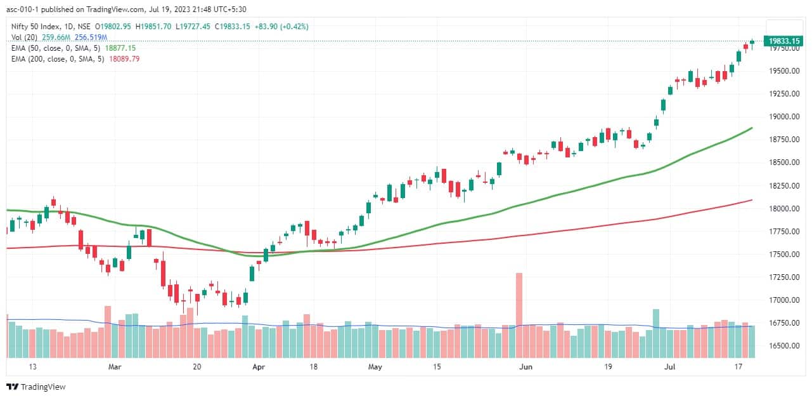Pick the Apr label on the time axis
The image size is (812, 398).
pyautogui.click(x=258, y=367)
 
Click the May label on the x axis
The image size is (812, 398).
pyautogui.click(x=375, y=367)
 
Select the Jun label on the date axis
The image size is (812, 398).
pyautogui.click(x=525, y=367)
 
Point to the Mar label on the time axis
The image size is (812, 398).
pyautogui.click(x=115, y=367)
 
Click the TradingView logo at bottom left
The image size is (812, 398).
pyautogui.click(x=36, y=387)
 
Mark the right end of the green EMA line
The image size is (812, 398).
pyautogui.click(x=752, y=128)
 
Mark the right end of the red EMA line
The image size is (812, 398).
pyautogui.click(x=752, y=200)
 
